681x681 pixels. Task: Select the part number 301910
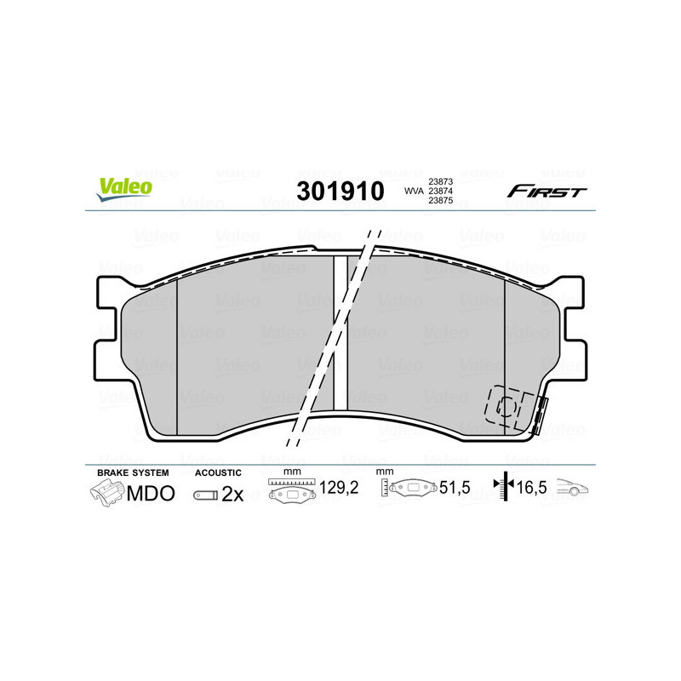340,192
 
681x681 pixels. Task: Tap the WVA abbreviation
414,192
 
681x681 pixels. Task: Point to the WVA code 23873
440,181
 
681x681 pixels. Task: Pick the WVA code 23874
440,192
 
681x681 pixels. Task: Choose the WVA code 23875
440,202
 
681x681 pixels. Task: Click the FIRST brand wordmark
547,192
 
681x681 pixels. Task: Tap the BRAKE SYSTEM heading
133,472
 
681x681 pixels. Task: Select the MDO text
151,494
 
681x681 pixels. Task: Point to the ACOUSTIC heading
218,472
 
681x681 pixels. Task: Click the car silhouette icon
574,489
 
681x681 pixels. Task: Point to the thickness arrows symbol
505,487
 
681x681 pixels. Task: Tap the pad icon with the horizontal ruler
292,491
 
